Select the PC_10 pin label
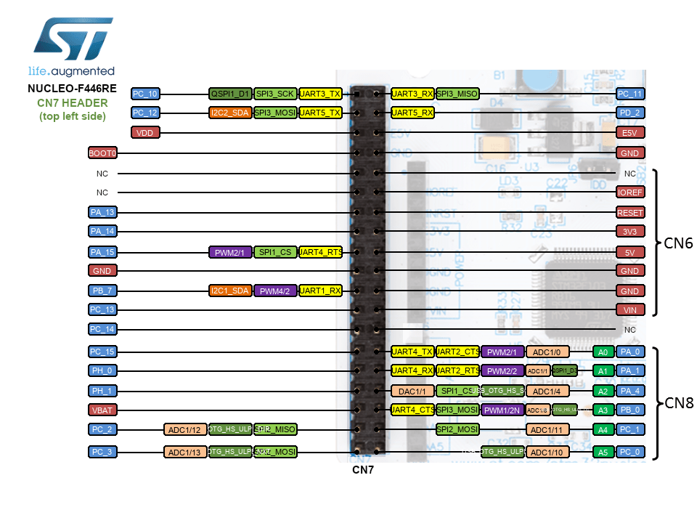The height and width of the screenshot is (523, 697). (x=145, y=94)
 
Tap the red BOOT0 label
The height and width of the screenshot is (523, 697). (x=102, y=153)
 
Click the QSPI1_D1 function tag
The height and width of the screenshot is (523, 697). (x=231, y=94)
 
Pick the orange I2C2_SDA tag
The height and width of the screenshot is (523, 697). (x=231, y=113)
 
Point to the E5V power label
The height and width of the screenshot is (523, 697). (x=629, y=133)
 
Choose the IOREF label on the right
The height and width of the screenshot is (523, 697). (x=629, y=192)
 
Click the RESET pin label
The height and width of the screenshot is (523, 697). (x=629, y=212)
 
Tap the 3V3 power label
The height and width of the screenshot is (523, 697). (x=629, y=232)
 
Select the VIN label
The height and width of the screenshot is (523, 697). (x=629, y=309)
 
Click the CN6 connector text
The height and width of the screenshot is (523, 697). (x=678, y=243)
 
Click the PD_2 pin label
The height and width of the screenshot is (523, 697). (x=629, y=113)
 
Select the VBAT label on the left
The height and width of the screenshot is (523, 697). (x=102, y=409)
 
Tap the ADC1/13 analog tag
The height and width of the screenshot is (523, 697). (x=185, y=453)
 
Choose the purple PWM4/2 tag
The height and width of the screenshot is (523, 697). (x=275, y=291)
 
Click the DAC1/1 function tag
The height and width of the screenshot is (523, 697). (x=412, y=391)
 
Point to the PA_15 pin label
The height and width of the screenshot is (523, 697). (x=102, y=252)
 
